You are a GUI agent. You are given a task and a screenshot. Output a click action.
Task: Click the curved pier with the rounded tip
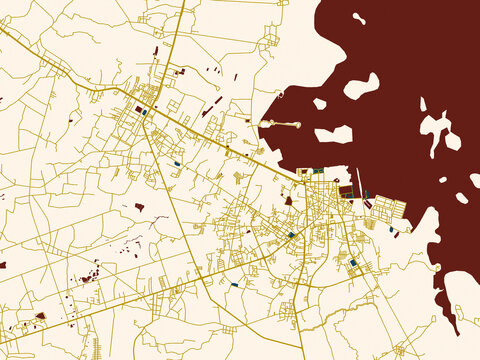click(281, 124)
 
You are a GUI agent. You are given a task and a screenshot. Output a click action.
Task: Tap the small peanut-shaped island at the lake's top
click(358, 18)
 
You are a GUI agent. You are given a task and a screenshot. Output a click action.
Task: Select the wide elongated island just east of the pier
click(334, 134)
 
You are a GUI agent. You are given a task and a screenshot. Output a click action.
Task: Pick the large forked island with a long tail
click(438, 130)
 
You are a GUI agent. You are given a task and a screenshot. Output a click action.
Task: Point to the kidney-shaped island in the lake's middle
click(361, 87)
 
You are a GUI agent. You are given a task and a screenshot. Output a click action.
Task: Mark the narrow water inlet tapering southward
click(452, 310)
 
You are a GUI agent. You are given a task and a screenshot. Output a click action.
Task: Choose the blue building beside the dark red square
click(146, 112)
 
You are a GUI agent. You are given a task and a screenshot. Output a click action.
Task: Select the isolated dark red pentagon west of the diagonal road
click(139, 207)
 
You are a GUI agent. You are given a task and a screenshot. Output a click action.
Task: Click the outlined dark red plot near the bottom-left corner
click(40, 316)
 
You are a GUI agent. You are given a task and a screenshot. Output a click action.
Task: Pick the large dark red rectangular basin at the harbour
click(346, 190)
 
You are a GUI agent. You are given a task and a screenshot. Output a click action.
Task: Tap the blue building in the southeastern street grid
click(353, 262)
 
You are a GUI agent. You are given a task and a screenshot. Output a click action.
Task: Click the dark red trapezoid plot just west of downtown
click(288, 200)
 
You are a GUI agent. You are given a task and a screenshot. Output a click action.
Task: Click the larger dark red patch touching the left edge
click(3, 265)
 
